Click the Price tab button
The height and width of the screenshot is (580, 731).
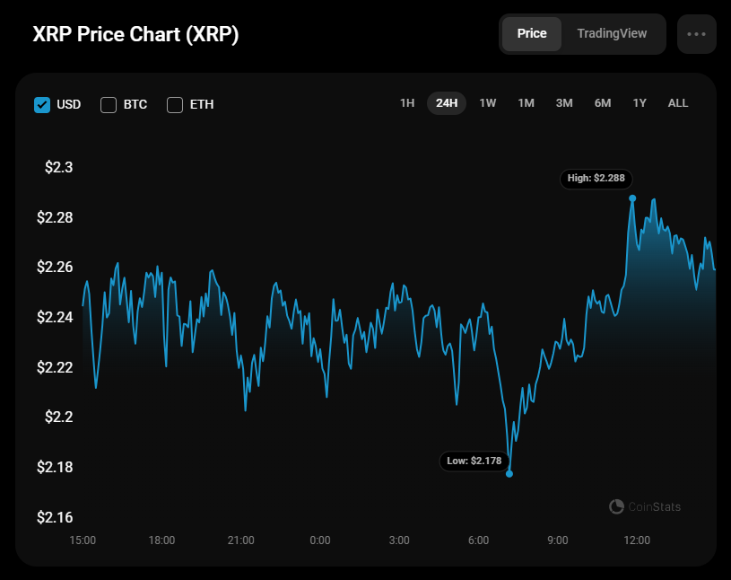pos(532,33)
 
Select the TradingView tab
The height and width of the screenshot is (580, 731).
pos(612,33)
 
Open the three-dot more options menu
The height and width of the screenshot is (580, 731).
pos(697,33)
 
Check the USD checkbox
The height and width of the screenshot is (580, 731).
pos(42,104)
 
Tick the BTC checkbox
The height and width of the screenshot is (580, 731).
pos(109,104)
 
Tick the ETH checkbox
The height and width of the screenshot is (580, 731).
pos(175,104)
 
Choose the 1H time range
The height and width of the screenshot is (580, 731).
pos(407,103)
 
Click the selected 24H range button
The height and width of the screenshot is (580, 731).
pos(447,103)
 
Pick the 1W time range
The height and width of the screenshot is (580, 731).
pos(488,103)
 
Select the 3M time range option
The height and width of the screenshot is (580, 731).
pos(564,103)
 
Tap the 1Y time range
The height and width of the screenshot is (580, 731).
pos(640,103)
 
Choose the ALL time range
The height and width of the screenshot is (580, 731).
pos(678,103)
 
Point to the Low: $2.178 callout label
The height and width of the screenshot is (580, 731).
pos(474,461)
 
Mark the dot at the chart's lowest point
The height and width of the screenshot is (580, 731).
pos(509,473)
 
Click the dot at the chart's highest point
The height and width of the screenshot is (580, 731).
pos(632,198)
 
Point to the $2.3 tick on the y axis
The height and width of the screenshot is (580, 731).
pos(58,168)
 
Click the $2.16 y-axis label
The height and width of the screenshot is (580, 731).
pos(55,517)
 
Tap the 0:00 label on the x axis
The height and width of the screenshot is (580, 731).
pos(320,540)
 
